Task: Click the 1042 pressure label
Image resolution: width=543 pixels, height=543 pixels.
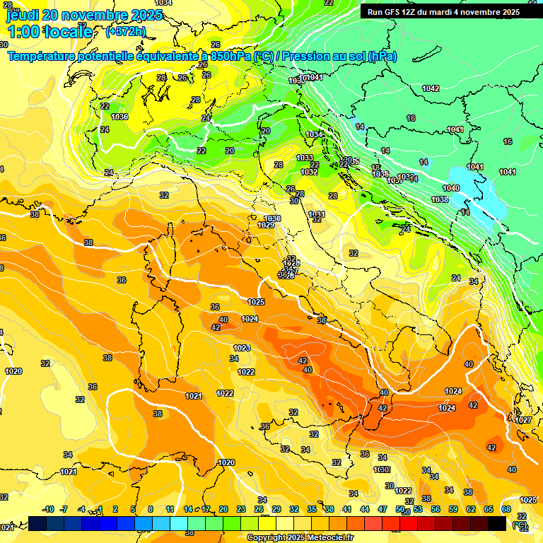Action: click(430, 88)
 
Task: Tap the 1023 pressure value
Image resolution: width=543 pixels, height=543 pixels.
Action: click(242, 348)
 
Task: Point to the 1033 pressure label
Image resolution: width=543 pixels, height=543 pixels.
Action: click(305, 158)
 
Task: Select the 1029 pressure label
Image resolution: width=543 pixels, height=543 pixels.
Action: click(266, 225)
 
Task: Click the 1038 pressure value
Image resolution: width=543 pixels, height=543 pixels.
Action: click(440, 200)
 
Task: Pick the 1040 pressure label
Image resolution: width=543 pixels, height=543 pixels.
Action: click(450, 188)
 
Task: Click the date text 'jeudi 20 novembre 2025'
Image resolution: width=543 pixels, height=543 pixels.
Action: click(77, 15)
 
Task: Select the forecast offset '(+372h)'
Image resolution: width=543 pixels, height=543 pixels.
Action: click(126, 32)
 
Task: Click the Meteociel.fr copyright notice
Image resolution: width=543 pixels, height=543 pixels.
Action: click(300, 537)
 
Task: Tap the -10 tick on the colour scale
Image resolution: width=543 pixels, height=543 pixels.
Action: click(48, 509)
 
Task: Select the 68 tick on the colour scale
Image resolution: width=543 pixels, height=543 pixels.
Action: click(506, 509)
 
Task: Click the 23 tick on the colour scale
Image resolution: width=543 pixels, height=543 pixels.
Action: click(240, 509)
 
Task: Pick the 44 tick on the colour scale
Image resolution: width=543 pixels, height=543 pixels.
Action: click(364, 509)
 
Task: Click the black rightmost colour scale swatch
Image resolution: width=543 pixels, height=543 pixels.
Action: click(496, 523)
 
